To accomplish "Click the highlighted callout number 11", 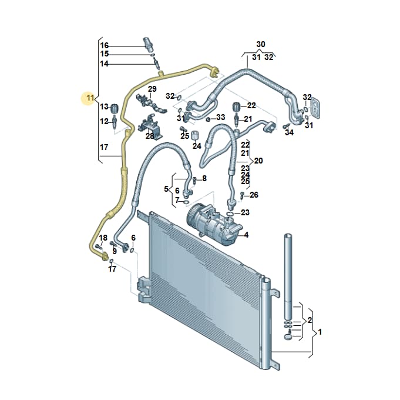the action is (90, 98).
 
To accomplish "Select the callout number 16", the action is (105, 45).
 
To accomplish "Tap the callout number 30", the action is (260, 44).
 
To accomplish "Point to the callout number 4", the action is (246, 235).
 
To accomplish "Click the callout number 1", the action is (320, 332).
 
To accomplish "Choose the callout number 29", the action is (152, 89).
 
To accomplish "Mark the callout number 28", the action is (150, 136).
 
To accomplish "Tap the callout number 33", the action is (221, 117).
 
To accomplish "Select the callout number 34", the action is (289, 132).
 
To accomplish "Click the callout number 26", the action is (254, 195).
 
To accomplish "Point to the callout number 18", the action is (103, 238).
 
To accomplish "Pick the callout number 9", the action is (115, 251).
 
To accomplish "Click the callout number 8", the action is (204, 178).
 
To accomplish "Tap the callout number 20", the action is (258, 161).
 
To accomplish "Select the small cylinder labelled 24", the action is (195, 135).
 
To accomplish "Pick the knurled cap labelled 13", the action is (115, 108).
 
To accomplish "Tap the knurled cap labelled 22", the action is (237, 106).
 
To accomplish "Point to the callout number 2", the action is (310, 319).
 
